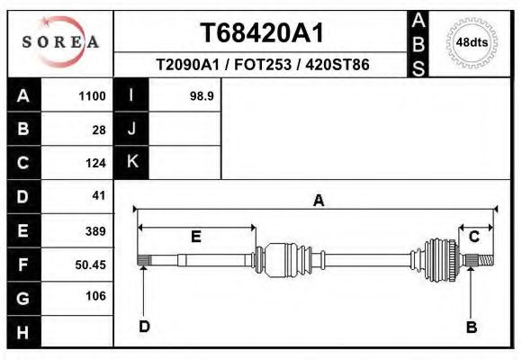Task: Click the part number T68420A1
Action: tap(261, 32)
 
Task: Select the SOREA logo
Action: tap(60, 41)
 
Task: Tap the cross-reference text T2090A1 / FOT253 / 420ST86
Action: tap(262, 65)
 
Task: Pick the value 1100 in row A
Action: tap(92, 95)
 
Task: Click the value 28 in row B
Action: tap(99, 129)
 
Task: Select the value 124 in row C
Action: tap(95, 163)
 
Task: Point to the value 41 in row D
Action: tap(99, 195)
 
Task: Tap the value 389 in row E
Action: tap(95, 230)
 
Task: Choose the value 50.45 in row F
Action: tap(91, 265)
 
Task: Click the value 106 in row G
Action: tap(95, 295)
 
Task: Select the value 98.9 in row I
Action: tap(202, 95)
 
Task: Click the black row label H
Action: tap(23, 332)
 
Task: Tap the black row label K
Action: tap(131, 162)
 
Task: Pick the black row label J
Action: tap(131, 129)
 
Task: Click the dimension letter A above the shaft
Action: tap(318, 201)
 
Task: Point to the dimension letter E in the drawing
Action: tap(195, 237)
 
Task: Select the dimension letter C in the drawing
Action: tap(473, 236)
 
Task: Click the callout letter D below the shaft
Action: tap(144, 327)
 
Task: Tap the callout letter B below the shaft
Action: tap(471, 327)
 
